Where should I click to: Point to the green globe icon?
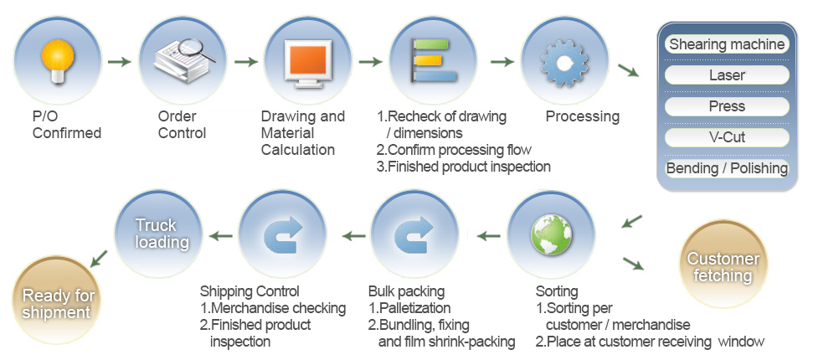click(x=551, y=234)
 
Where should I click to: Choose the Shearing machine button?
click(x=727, y=44)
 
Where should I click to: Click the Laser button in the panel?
click(x=727, y=75)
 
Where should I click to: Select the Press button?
click(x=727, y=106)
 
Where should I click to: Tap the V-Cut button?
click(x=727, y=137)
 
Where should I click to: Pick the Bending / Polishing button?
click(x=727, y=168)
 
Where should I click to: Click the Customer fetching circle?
click(x=723, y=265)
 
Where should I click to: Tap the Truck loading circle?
click(x=158, y=234)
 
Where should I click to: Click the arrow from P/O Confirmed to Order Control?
click(x=119, y=62)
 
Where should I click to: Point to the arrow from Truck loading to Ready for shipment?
click(x=99, y=259)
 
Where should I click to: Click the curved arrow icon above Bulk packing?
click(x=414, y=234)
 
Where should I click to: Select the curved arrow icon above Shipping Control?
click(x=283, y=234)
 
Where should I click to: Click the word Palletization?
click(x=414, y=308)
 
